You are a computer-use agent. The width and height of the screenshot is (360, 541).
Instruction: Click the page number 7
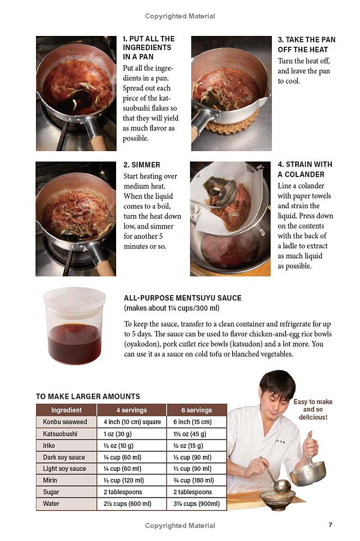pyautogui.click(x=330, y=525)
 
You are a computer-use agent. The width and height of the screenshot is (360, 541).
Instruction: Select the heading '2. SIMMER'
pyautogui.click(x=142, y=165)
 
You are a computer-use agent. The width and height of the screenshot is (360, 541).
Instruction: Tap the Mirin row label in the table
pyautogui.click(x=50, y=480)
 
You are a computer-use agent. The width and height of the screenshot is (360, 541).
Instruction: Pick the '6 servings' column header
pyautogui.click(x=197, y=410)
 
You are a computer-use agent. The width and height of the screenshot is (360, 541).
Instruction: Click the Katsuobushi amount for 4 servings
pyautogui.click(x=117, y=434)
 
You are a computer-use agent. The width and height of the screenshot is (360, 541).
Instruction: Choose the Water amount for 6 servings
pyautogui.click(x=197, y=504)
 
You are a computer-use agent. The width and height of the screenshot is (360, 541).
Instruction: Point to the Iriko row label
pyautogui.click(x=49, y=445)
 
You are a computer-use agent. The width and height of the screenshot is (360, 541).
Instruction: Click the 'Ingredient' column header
pyautogui.click(x=67, y=410)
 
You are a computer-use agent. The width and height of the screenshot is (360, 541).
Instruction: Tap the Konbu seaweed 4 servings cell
pyautogui.click(x=132, y=422)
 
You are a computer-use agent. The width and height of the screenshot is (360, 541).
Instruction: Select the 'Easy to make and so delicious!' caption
pyautogui.click(x=313, y=409)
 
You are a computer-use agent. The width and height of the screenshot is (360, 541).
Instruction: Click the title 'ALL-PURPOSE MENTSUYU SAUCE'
pyautogui.click(x=183, y=298)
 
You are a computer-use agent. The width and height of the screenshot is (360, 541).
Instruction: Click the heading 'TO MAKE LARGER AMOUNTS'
pyautogui.click(x=88, y=396)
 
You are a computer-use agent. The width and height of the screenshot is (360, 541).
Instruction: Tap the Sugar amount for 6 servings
pyautogui.click(x=193, y=492)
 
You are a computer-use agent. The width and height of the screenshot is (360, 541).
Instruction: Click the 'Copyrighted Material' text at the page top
pyautogui.click(x=180, y=16)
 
